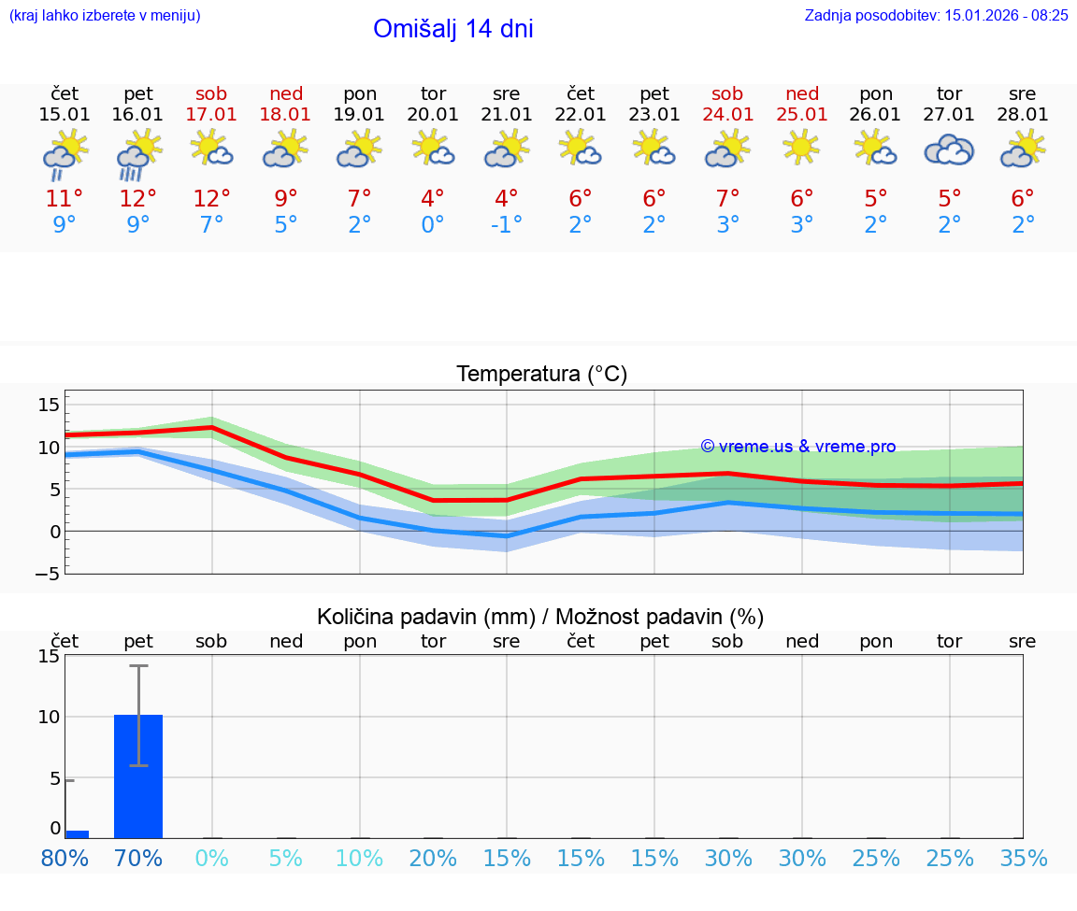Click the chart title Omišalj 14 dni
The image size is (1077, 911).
point(452,29)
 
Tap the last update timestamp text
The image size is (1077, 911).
point(936,15)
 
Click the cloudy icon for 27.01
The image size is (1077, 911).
point(949,150)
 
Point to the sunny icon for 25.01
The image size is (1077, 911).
point(801,149)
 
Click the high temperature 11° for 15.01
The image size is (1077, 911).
point(65,199)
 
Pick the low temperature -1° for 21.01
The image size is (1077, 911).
point(506,225)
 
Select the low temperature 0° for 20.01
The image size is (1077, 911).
point(432,225)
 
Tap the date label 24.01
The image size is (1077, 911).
point(727,115)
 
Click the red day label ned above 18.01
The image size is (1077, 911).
point(286,93)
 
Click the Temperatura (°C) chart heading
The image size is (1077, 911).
point(541,375)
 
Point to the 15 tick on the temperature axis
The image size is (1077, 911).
point(49,405)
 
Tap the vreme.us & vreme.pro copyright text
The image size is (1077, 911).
point(797,447)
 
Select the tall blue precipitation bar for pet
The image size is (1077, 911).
point(138,776)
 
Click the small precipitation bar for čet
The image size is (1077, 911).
point(77,833)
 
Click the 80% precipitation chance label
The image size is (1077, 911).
point(65,858)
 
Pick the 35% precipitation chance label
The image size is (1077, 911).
point(1023,858)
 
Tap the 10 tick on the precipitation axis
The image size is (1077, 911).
point(49,717)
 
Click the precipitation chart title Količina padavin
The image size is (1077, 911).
point(540,617)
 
